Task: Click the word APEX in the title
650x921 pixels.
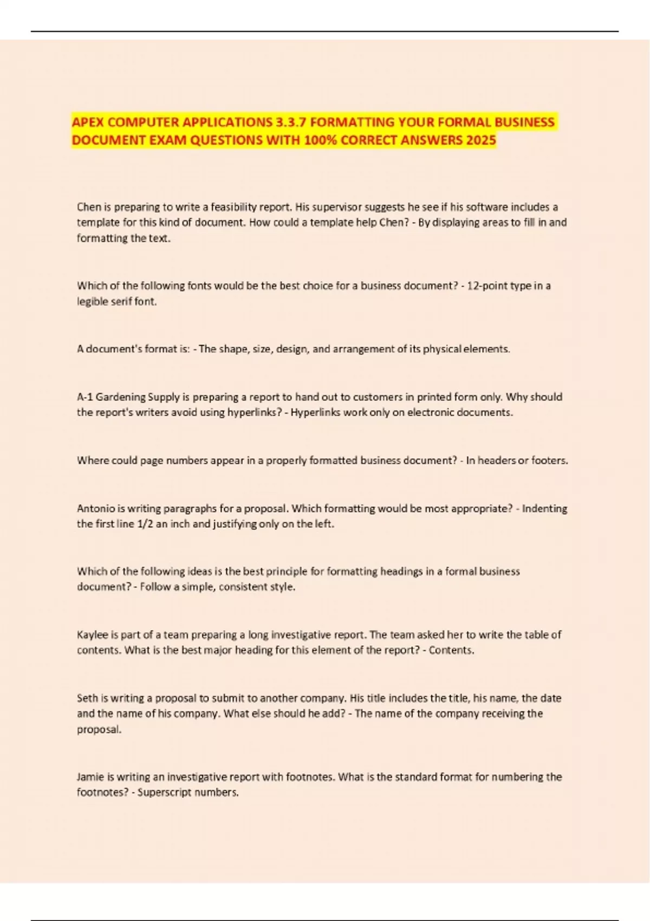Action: [86, 122]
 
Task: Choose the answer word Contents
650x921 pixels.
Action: [451, 651]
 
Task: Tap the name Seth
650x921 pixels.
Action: [87, 698]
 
